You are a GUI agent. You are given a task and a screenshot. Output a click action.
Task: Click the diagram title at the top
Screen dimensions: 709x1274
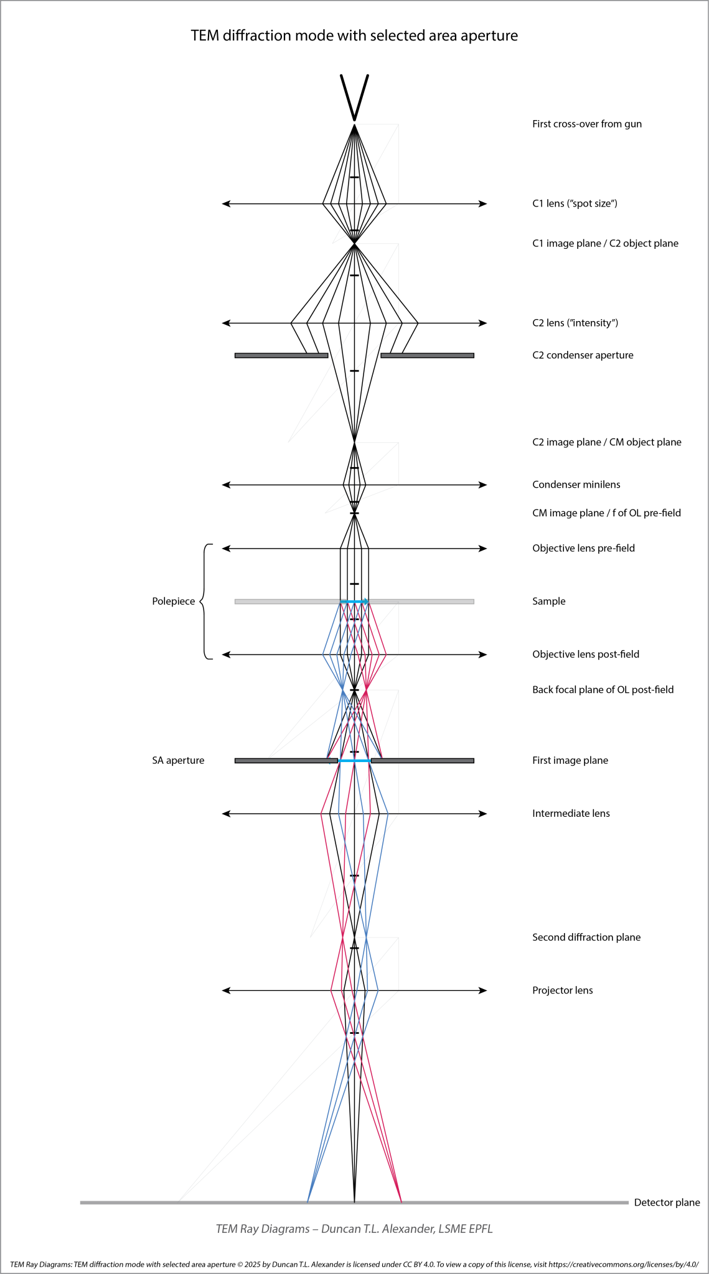[x=354, y=36]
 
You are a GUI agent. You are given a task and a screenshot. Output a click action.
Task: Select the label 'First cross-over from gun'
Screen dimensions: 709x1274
[x=587, y=124]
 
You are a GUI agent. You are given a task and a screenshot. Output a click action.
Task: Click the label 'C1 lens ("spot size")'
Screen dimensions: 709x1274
[x=575, y=203]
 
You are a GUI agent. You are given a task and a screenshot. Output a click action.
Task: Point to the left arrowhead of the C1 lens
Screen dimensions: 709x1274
[x=227, y=203]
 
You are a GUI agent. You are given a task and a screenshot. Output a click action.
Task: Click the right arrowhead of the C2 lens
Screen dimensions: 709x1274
[x=483, y=323]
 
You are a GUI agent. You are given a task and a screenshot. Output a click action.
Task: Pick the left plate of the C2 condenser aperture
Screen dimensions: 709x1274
[x=281, y=355]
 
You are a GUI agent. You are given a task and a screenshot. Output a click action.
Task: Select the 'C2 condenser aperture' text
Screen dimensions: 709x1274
[x=583, y=355]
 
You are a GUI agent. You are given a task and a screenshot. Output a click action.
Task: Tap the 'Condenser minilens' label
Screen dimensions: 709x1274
[x=576, y=485]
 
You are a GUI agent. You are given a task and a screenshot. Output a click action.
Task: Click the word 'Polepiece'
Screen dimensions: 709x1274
[x=174, y=602]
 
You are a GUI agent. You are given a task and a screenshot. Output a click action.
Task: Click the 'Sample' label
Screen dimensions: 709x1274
[x=549, y=602]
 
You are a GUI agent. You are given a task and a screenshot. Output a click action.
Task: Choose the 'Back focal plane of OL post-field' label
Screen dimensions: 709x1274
[x=603, y=689]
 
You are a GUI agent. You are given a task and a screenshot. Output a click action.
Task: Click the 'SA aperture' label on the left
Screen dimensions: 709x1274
[x=178, y=760]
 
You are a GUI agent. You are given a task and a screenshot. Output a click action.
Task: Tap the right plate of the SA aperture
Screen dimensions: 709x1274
[x=423, y=760]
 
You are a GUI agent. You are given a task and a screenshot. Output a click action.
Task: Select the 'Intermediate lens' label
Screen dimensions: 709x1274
[x=571, y=813]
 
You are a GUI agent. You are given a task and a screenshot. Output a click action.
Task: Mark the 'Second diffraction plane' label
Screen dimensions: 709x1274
[x=586, y=937]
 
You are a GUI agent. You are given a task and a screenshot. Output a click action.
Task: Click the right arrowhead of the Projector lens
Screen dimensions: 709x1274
[x=483, y=990]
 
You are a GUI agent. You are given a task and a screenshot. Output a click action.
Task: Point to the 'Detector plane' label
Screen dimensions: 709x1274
[x=667, y=1202]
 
